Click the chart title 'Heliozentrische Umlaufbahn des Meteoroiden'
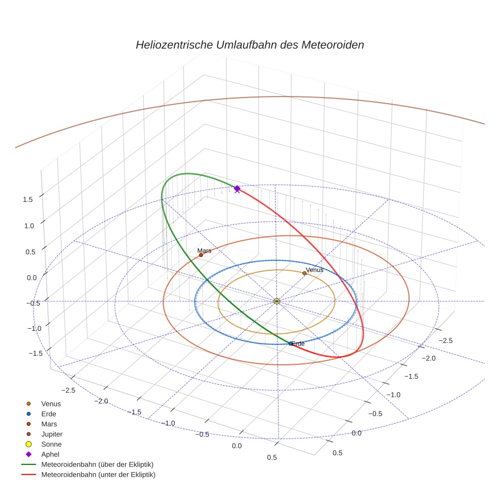249,45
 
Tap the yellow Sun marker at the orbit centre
277,301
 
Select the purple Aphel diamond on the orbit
237,189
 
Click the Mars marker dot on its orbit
201,255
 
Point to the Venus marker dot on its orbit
304,273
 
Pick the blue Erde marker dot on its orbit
291,343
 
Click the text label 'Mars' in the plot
204,251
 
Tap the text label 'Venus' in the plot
315,270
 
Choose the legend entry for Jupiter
52,434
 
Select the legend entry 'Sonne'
51,444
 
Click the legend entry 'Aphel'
51,454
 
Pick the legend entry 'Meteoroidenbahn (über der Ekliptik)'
97,464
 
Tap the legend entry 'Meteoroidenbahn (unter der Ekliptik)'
98,475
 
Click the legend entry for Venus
51,403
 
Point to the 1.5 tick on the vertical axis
28,199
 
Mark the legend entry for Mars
49,424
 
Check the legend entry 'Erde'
49,414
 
